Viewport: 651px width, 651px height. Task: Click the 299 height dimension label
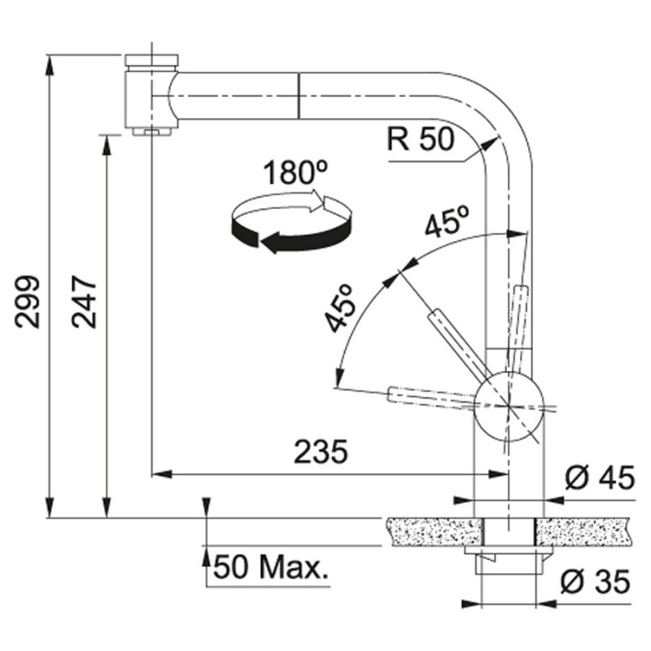(28, 301)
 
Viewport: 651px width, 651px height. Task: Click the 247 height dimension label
(85, 301)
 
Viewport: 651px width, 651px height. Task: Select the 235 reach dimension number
(321, 452)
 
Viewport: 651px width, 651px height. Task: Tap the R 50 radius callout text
(421, 138)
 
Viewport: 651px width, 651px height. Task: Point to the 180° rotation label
(295, 173)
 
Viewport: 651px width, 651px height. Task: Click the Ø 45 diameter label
(601, 478)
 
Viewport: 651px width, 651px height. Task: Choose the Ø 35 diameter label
(596, 582)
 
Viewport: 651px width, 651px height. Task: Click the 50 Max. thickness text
(271, 567)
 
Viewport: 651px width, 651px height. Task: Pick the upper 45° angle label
(448, 221)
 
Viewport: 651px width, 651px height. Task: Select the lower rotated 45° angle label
(341, 308)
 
